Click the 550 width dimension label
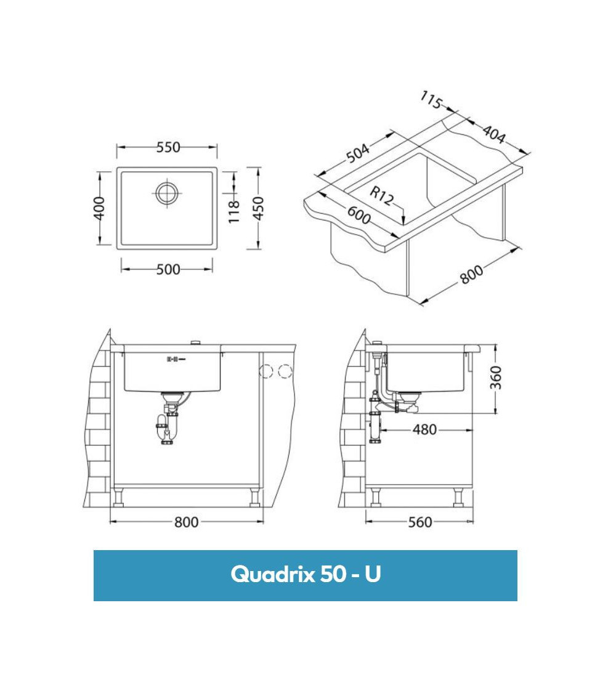(168, 147)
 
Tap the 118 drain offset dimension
(234, 212)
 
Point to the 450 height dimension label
(258, 208)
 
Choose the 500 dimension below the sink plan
(168, 269)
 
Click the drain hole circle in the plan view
(166, 193)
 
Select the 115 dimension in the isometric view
(432, 100)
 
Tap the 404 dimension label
(494, 133)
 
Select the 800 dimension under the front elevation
(186, 522)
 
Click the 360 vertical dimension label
(496, 378)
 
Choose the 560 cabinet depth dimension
(420, 522)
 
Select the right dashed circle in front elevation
(284, 371)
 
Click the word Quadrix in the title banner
(273, 575)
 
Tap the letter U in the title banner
(373, 575)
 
